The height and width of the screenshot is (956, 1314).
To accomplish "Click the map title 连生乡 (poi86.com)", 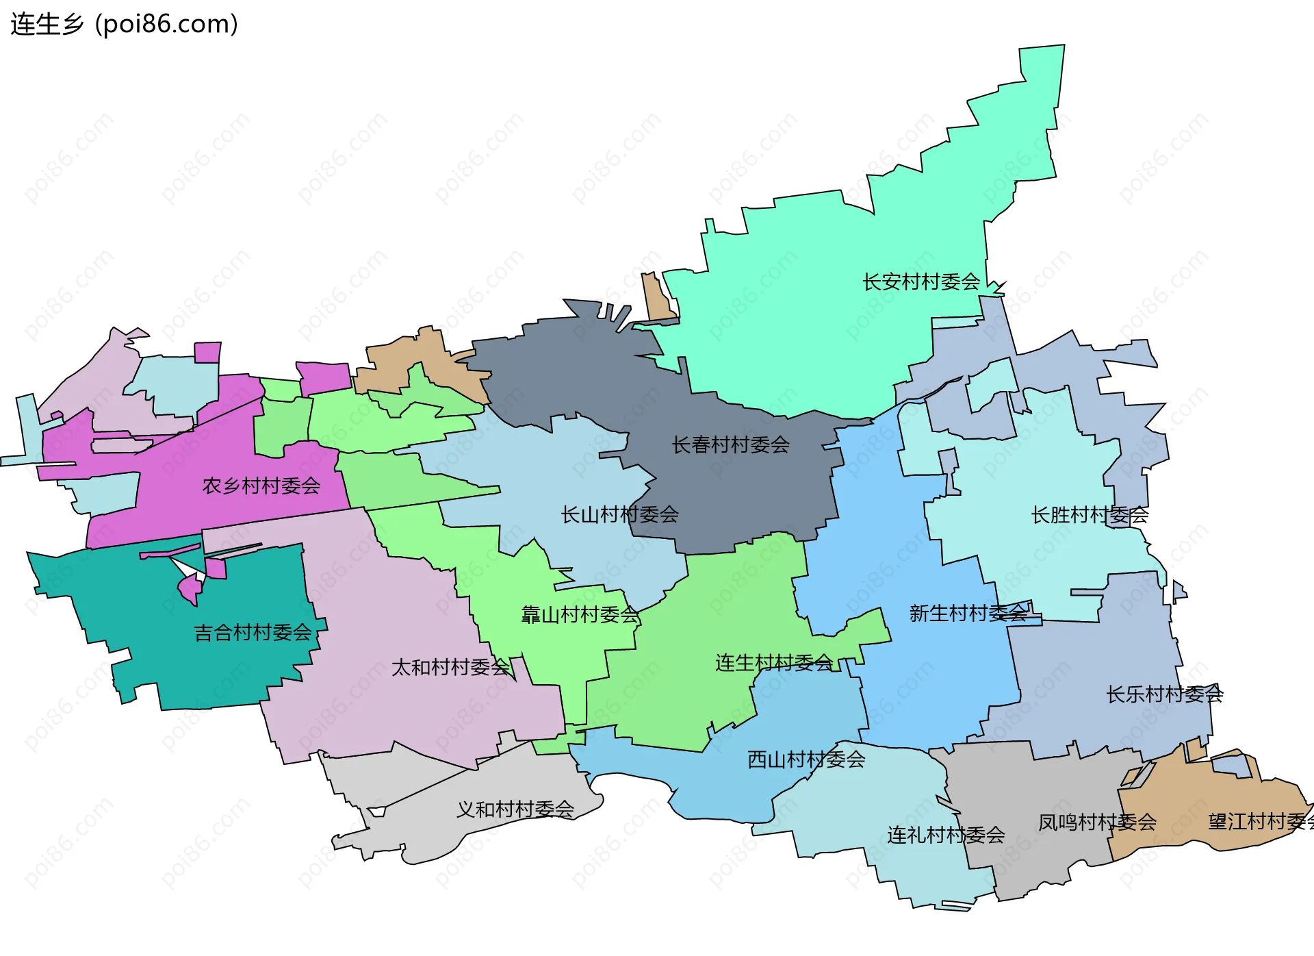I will (x=124, y=24).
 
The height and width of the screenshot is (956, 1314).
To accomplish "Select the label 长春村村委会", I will (x=730, y=444).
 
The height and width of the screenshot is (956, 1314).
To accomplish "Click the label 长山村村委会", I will (x=619, y=514).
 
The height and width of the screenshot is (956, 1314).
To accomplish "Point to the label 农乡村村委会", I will (x=261, y=486).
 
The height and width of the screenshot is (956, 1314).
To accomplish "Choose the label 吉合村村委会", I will (x=253, y=632).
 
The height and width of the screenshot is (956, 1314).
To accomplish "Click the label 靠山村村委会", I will (x=580, y=614).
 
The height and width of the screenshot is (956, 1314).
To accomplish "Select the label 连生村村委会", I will (x=773, y=662).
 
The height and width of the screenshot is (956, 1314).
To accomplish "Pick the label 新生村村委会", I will (x=968, y=613).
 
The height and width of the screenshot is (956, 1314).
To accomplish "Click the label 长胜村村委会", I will (x=1090, y=514).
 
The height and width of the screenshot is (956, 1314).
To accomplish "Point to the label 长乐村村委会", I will (x=1164, y=694).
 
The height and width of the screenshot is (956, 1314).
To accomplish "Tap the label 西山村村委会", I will (x=806, y=759).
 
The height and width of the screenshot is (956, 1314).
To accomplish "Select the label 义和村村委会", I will (x=515, y=809).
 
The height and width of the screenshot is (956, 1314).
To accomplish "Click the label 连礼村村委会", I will (x=945, y=834).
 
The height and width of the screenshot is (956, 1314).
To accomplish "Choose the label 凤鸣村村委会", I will (x=1096, y=822).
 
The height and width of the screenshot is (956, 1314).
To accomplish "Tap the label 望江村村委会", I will (x=1259, y=821).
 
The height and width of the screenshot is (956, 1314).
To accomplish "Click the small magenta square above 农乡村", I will (x=207, y=353).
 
